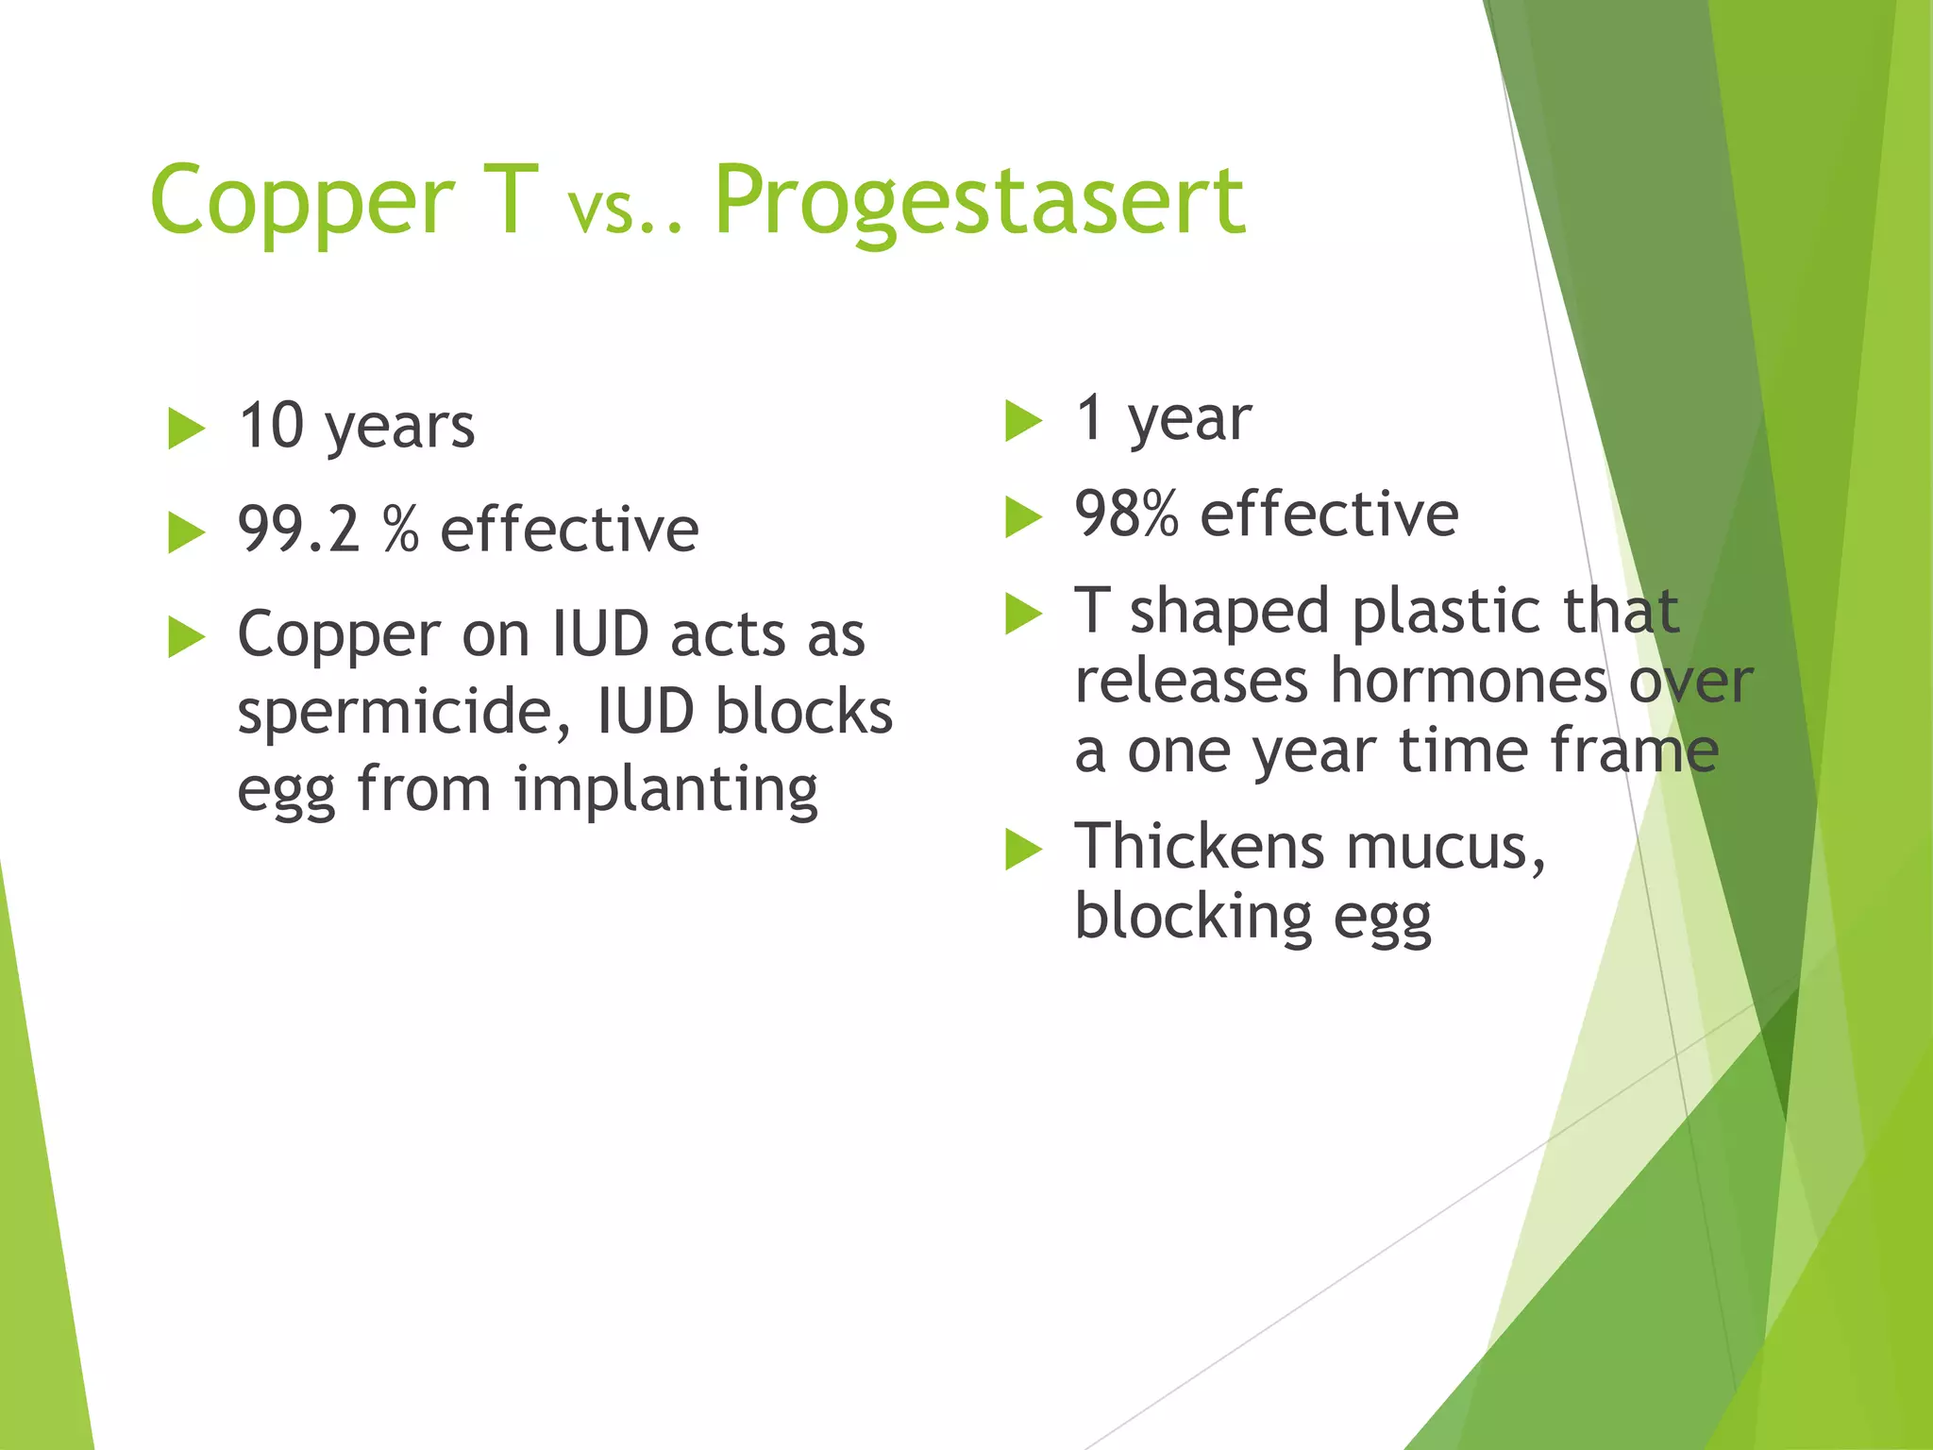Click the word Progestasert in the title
pyautogui.click(x=979, y=200)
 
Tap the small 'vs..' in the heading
pyautogui.click(x=623, y=212)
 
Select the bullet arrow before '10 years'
pyautogui.click(x=186, y=430)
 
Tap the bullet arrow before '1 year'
pyautogui.click(x=1023, y=421)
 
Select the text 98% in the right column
pyautogui.click(x=1126, y=514)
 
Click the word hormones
pyautogui.click(x=1469, y=681)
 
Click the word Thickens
pyautogui.click(x=1201, y=846)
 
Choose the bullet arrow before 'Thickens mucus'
pyautogui.click(x=1023, y=849)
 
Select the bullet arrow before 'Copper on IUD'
pyautogui.click(x=186, y=637)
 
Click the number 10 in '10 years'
pyautogui.click(x=271, y=426)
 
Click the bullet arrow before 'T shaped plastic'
pyautogui.click(x=1023, y=614)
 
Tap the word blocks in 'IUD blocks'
pyautogui.click(x=803, y=711)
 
